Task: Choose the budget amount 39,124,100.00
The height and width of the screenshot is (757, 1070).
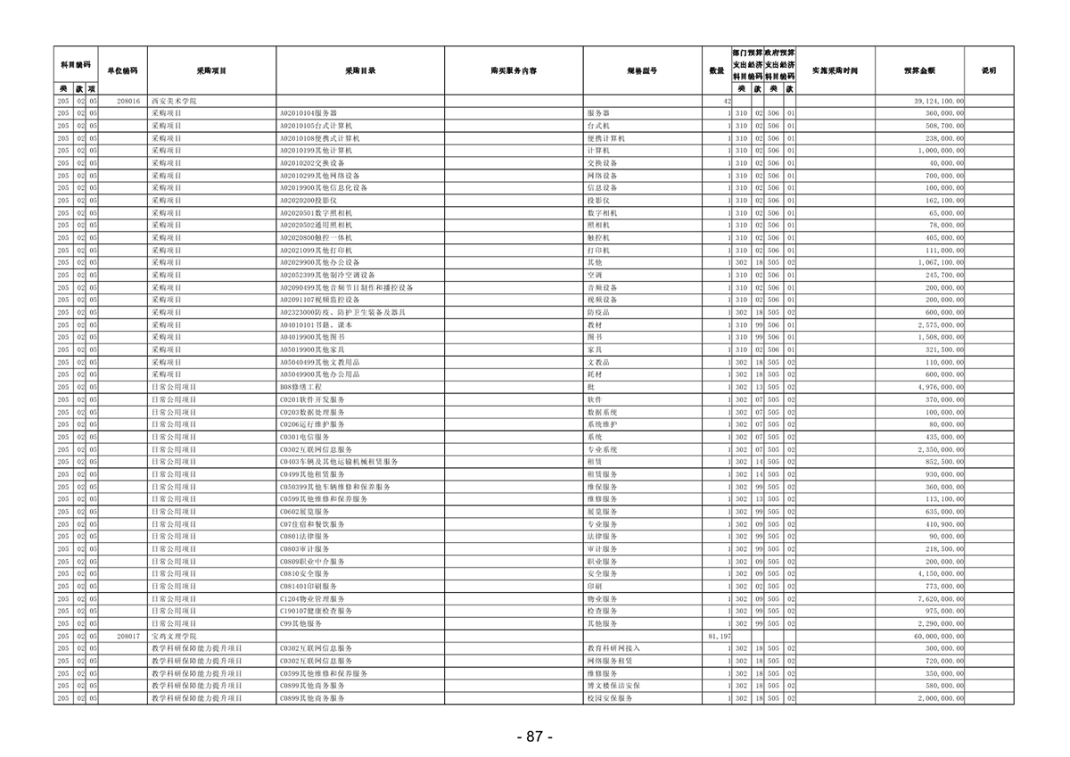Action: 937,103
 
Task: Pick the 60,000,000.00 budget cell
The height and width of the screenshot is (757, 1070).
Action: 937,637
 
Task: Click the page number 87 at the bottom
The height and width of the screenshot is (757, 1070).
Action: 534,736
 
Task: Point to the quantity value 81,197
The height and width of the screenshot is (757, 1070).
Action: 718,637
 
